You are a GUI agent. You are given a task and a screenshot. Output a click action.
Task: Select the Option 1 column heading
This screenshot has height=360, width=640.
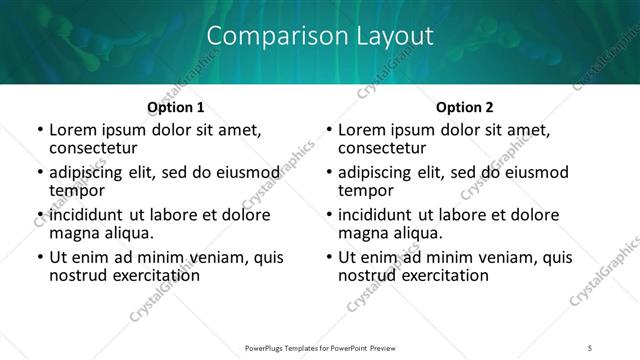tap(175, 106)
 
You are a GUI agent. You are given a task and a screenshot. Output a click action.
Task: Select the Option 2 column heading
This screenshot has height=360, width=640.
tap(465, 106)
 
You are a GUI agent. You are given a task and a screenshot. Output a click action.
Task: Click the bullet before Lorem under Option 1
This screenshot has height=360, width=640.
tap(39, 130)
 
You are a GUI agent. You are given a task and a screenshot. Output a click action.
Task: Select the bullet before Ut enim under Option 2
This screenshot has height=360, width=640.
tap(329, 258)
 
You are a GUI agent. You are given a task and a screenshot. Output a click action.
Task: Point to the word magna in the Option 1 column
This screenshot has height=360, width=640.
tap(73, 233)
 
